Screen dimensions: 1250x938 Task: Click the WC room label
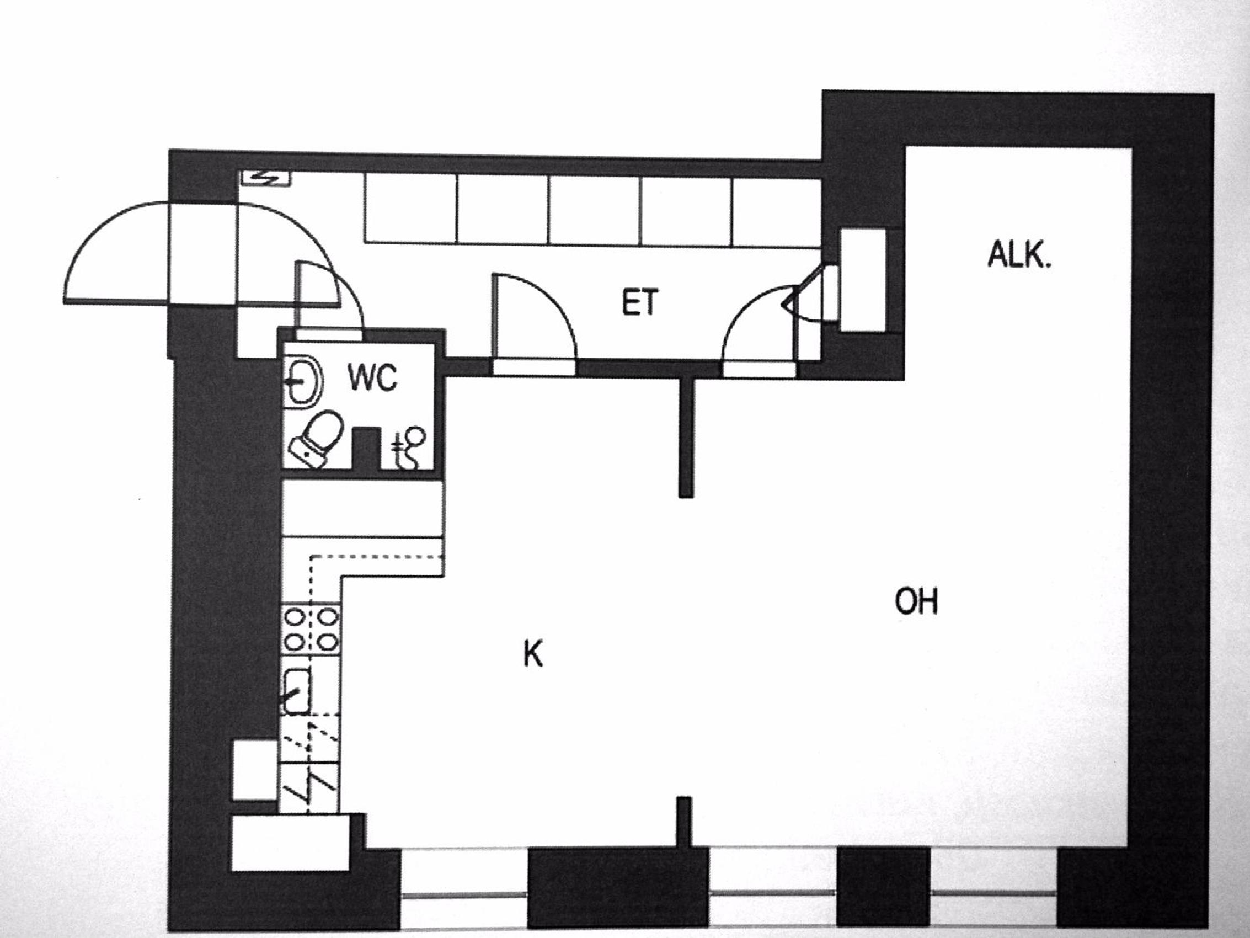click(373, 378)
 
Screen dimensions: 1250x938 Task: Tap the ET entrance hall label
click(640, 302)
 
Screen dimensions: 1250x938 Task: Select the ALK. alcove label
click(1019, 254)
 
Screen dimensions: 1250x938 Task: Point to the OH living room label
click(917, 601)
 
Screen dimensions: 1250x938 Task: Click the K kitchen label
click(533, 655)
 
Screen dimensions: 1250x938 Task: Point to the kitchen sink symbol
click(297, 691)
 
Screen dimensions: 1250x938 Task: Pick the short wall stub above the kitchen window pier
click(685, 822)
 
